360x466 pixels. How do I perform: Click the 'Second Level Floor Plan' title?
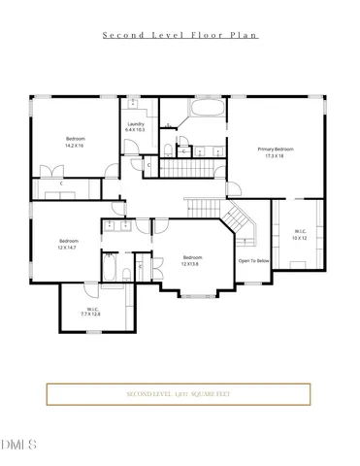(x=180, y=35)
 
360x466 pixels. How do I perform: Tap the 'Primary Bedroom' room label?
(x=276, y=149)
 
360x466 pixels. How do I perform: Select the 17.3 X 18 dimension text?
(x=276, y=155)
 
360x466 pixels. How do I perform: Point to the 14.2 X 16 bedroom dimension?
(x=75, y=145)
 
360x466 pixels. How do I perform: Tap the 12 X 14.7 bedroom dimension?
(x=68, y=248)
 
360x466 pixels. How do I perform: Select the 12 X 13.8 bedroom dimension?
(x=193, y=263)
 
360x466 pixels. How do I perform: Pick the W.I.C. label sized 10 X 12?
(x=301, y=232)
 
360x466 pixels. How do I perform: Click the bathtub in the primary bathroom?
(x=205, y=108)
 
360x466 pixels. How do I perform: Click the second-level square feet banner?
(x=179, y=394)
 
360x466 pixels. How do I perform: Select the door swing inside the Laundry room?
(x=130, y=148)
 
